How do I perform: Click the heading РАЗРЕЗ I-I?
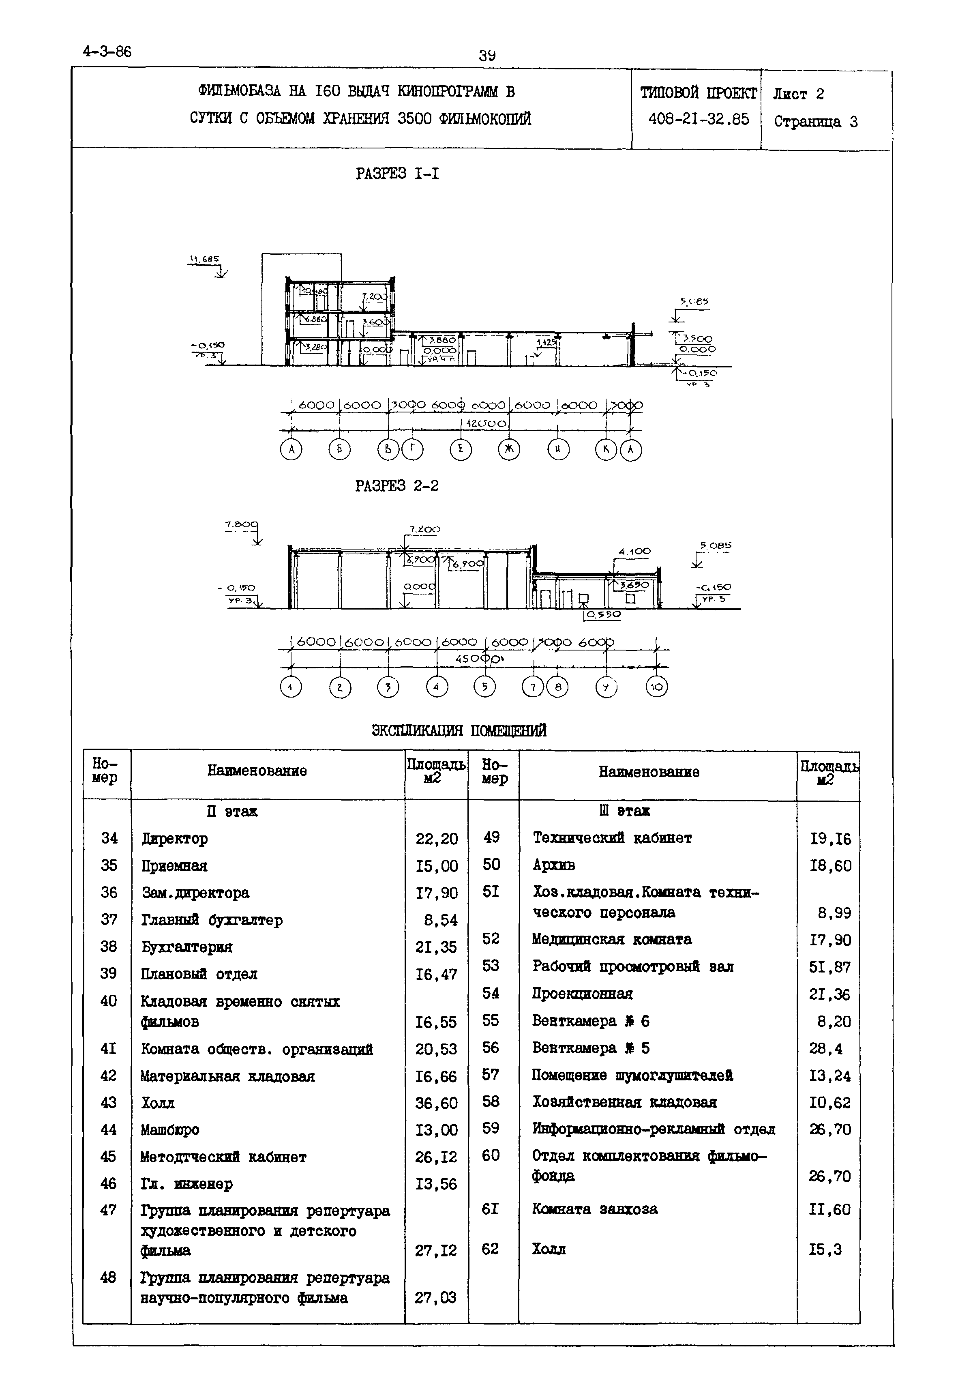tap(397, 174)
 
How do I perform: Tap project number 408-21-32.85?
tap(699, 120)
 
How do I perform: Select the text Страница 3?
tap(816, 122)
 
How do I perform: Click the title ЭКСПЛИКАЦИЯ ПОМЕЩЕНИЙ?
tap(459, 730)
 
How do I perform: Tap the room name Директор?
tap(175, 839)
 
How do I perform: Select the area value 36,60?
tap(436, 1103)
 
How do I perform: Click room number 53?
tap(491, 966)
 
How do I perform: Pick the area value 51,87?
tap(830, 967)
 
